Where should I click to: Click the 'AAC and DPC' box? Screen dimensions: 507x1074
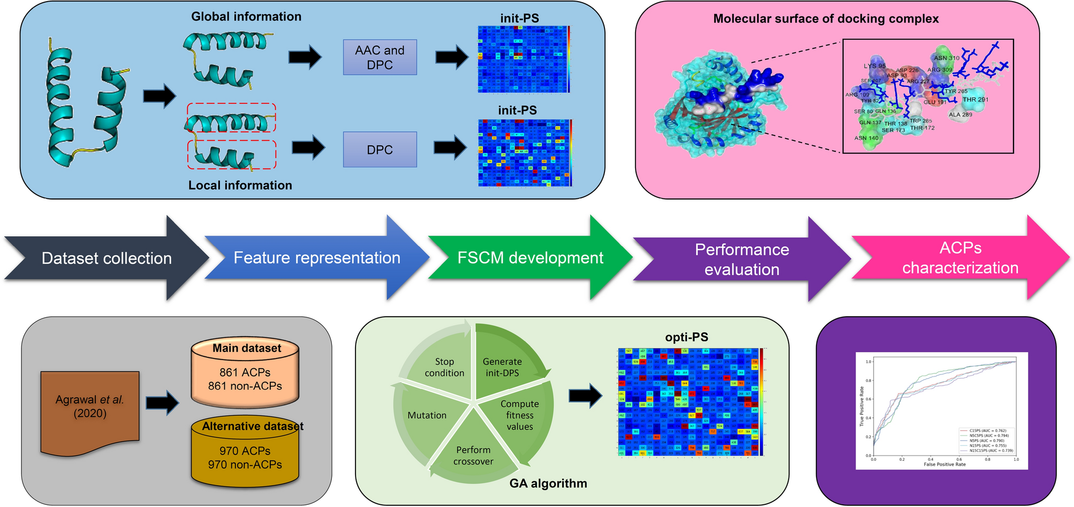(380, 57)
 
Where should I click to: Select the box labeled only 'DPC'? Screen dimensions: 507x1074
(380, 150)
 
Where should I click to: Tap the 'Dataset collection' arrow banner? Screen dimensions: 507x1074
(107, 258)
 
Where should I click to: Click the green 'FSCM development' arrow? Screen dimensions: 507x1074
(530, 258)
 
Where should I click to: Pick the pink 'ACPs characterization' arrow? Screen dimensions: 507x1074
(960, 258)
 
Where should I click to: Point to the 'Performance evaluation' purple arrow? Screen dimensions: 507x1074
(742, 259)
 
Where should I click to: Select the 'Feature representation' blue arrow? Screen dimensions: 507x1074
(316, 258)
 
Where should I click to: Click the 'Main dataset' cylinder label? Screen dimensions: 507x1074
(246, 348)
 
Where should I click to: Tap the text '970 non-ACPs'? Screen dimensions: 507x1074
(245, 465)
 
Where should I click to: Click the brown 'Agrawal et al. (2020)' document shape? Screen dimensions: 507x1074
(90, 407)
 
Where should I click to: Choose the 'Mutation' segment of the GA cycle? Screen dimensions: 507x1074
(427, 415)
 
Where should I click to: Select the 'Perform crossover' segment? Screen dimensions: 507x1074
(473, 456)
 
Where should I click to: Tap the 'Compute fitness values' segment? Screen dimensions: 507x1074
(519, 415)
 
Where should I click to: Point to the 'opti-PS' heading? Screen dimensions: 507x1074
(686, 337)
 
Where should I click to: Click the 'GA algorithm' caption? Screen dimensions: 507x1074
(548, 483)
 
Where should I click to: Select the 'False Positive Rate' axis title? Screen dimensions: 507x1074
(944, 464)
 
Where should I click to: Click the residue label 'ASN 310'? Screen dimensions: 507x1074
(947, 58)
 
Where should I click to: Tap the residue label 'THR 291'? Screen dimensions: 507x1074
(975, 100)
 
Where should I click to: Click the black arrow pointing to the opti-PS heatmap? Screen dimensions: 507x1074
(586, 396)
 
